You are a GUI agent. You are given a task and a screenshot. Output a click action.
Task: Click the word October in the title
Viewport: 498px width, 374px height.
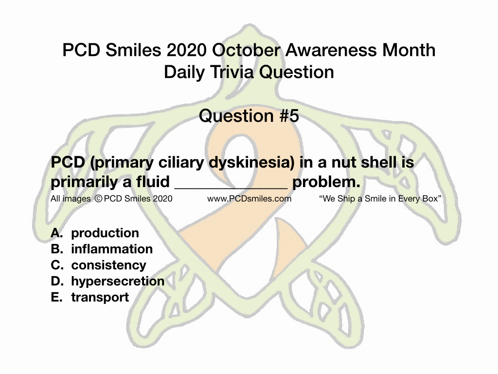[x=246, y=50]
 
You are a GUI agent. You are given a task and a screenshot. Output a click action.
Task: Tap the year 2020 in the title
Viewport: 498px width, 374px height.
[x=186, y=50]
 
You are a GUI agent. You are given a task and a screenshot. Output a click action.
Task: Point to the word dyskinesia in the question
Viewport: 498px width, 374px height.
[x=252, y=163]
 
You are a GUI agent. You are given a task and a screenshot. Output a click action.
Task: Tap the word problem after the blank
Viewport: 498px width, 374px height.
[x=326, y=182]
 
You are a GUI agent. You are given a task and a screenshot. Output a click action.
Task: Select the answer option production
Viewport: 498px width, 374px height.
[x=105, y=233]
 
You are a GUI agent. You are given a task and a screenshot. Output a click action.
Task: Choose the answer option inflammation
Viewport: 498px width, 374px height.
[x=112, y=249]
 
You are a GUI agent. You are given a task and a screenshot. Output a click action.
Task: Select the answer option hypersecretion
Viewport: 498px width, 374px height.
[x=118, y=281]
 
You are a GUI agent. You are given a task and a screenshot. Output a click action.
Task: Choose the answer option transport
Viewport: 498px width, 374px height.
[x=100, y=298]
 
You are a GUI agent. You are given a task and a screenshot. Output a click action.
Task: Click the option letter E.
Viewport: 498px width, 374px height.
[x=56, y=297]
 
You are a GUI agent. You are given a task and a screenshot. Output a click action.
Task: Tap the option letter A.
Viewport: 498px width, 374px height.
[x=56, y=233]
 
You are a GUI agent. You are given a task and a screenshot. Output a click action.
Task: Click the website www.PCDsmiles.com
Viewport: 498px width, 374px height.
[x=249, y=199]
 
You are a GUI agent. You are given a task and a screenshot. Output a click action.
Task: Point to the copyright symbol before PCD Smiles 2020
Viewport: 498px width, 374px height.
[x=98, y=199]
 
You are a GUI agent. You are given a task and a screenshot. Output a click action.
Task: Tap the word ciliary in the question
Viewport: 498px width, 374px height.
[x=181, y=163]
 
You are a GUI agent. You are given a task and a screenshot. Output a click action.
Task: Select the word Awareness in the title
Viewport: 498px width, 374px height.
[x=331, y=50]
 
